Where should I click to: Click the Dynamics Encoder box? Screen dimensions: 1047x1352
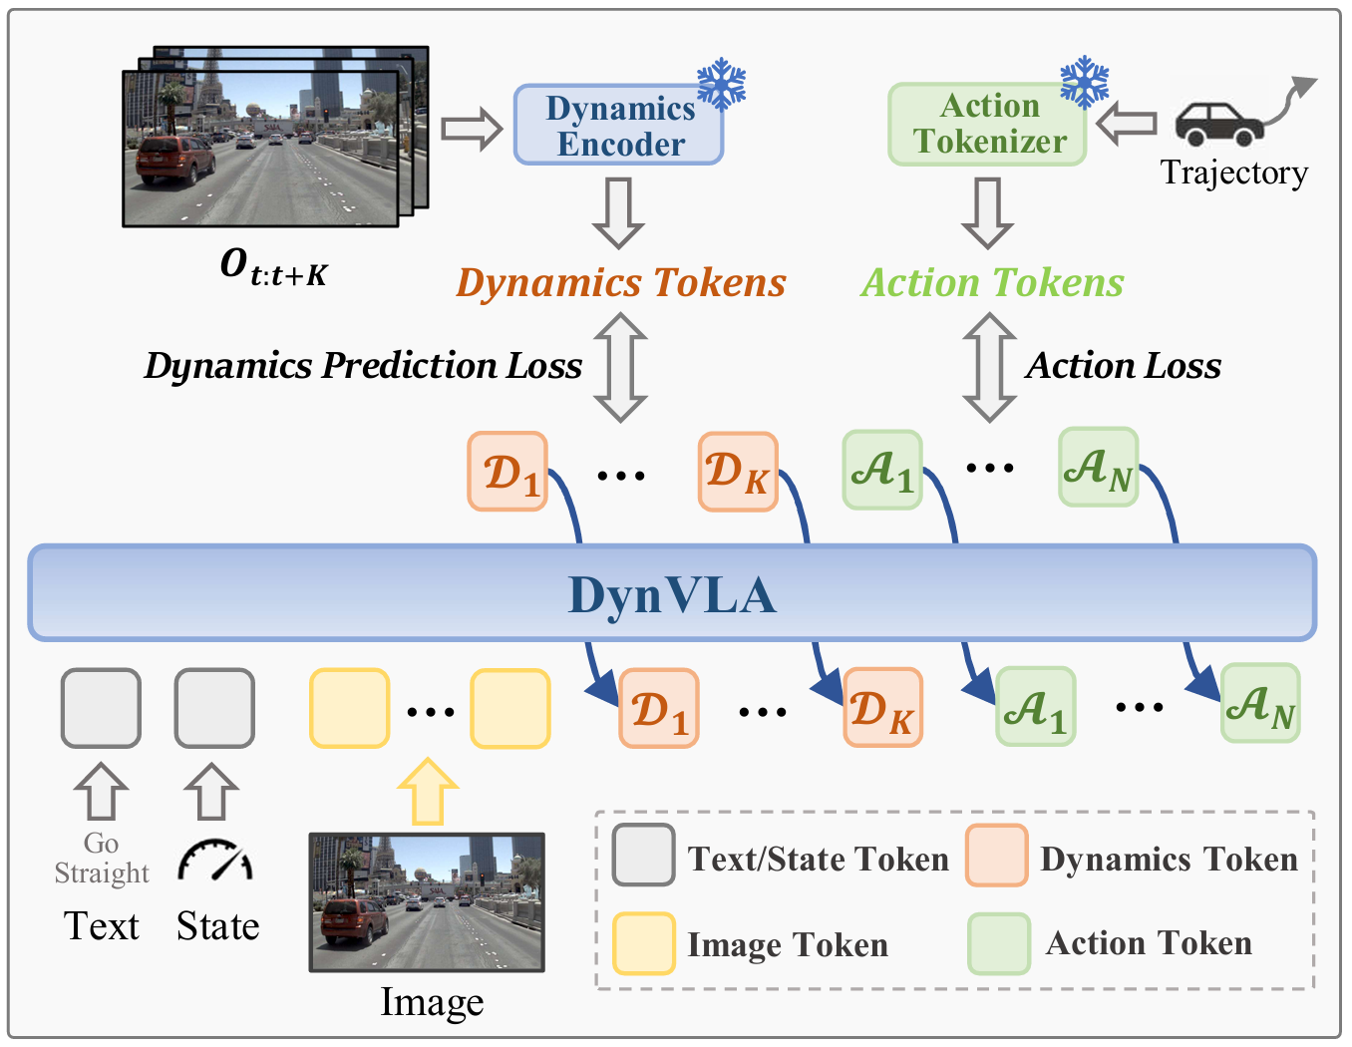[x=618, y=126]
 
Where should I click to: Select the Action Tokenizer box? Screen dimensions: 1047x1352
[x=987, y=125]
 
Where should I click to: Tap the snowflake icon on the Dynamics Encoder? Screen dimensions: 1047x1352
[x=721, y=84]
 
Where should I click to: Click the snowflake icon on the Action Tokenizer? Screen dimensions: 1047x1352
[x=1084, y=82]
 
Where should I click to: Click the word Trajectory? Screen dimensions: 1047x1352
[x=1233, y=173]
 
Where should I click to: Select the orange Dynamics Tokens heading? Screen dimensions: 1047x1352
[x=620, y=283]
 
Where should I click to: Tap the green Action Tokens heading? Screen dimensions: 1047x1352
[x=992, y=283]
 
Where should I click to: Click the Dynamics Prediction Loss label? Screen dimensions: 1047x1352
[x=363, y=366]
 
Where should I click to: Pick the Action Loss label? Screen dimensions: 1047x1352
[x=1123, y=366]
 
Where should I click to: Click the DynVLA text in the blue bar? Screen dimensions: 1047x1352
[x=672, y=595]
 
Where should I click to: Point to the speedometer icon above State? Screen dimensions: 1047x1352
[x=215, y=861]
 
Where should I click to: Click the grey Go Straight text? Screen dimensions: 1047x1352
[x=102, y=859]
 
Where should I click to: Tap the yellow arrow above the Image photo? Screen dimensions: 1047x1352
[x=428, y=791]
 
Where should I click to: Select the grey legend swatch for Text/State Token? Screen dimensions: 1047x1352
[x=643, y=856]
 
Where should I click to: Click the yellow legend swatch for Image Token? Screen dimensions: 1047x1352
[x=643, y=942]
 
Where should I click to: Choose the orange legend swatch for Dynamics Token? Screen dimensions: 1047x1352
[x=996, y=856]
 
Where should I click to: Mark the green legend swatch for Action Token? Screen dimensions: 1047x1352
[x=998, y=943]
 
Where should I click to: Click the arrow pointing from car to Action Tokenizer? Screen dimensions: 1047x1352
[x=1126, y=125]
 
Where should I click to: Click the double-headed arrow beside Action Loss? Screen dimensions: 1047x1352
[x=989, y=367]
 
